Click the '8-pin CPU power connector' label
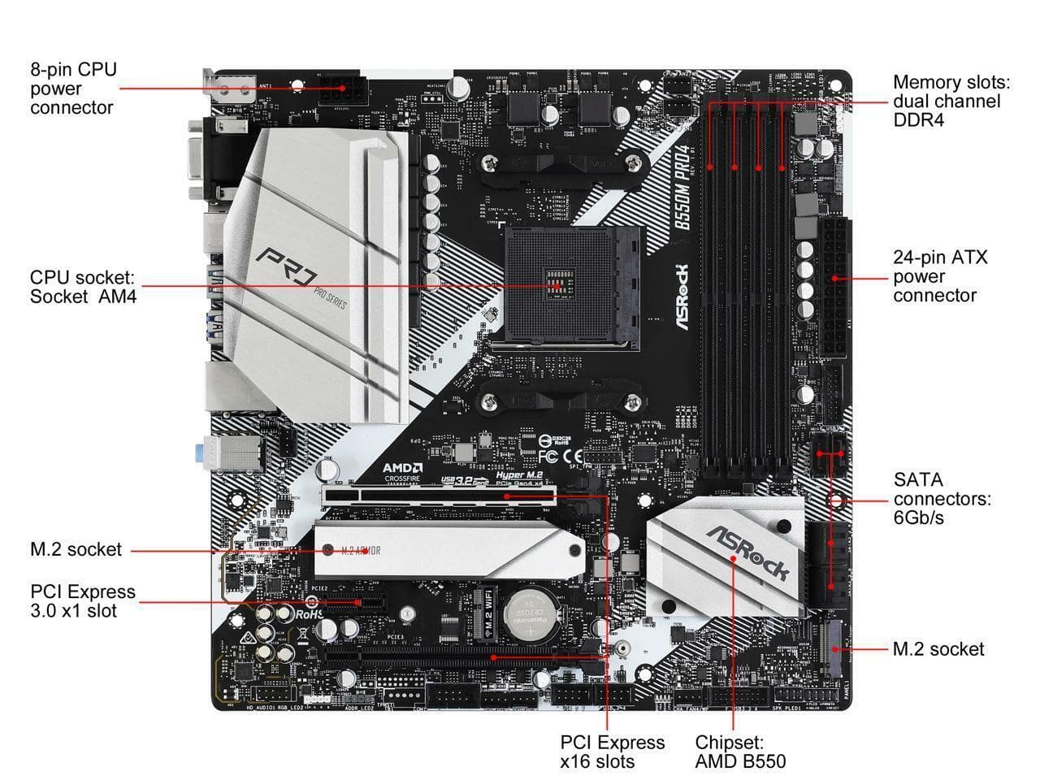coord(73,88)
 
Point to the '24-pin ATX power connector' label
coord(940,276)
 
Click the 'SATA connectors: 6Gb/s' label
coord(942,498)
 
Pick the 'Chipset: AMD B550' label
coord(739,752)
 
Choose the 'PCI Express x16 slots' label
coord(612,752)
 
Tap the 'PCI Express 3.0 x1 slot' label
coord(83,601)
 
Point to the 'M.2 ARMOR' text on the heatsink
coord(360,551)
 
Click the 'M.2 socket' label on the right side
coord(938,649)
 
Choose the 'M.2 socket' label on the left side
coord(76,549)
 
